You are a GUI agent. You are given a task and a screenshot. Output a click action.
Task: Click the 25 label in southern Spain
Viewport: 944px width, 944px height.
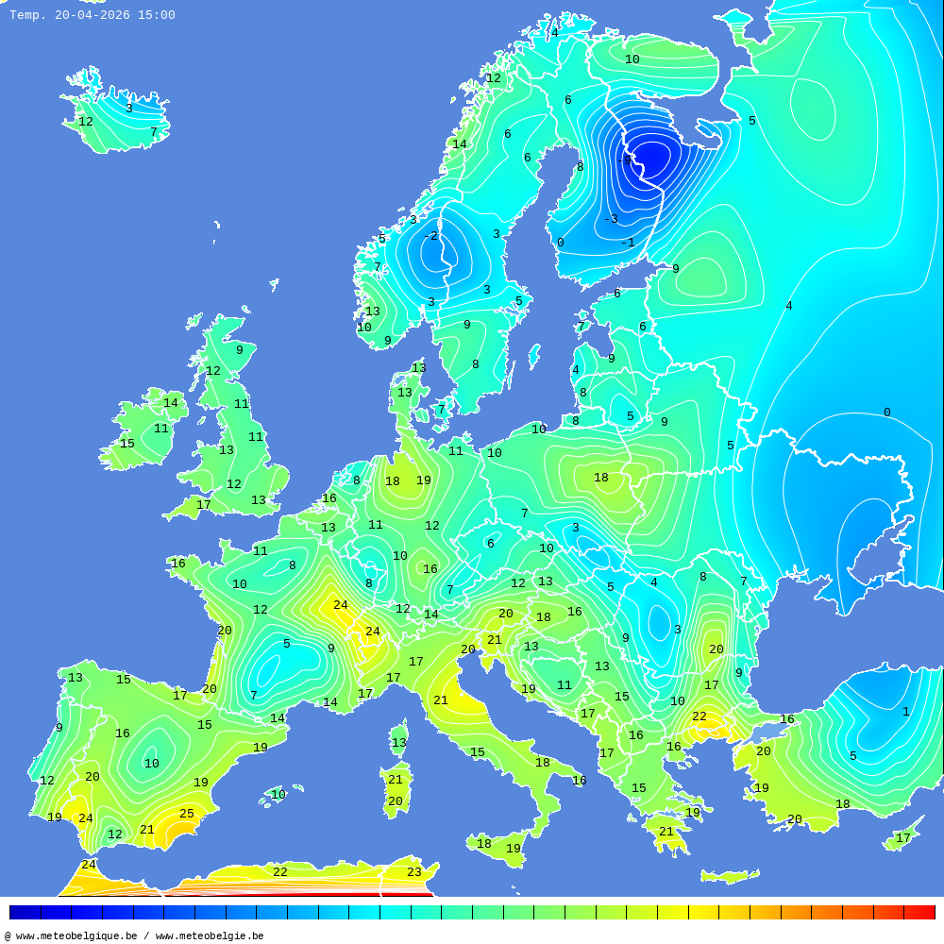(x=187, y=814)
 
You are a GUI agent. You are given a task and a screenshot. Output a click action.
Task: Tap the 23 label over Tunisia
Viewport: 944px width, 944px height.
(x=414, y=872)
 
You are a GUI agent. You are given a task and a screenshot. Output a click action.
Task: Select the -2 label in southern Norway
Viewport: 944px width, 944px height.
(x=430, y=236)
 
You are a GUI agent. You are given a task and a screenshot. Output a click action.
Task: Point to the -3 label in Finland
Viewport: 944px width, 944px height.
(x=611, y=219)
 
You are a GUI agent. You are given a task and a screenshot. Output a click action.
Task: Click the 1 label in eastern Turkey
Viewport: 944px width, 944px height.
(x=905, y=712)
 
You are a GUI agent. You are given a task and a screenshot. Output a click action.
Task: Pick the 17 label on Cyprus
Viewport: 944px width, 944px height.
(x=903, y=838)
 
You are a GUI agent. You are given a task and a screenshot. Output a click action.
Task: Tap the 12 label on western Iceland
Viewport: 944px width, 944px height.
(x=86, y=122)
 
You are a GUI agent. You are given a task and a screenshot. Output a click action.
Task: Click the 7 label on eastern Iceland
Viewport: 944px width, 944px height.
(x=154, y=132)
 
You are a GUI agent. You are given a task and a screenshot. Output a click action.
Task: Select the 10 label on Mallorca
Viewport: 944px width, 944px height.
(x=278, y=795)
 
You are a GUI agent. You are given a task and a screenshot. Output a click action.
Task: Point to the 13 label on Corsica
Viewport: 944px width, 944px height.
(x=399, y=743)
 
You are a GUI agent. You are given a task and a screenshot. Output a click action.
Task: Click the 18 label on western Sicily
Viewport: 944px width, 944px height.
(x=484, y=844)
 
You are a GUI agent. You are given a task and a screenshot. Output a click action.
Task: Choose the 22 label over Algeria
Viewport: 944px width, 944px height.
(x=280, y=872)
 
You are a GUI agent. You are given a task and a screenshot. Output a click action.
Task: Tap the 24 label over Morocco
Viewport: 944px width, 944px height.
(x=89, y=865)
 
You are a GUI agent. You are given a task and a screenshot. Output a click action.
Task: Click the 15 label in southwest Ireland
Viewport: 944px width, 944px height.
(x=127, y=444)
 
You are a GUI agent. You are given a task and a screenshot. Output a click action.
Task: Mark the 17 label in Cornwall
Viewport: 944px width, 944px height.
(x=204, y=505)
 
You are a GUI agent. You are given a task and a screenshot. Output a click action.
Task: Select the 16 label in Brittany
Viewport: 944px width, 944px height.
(x=178, y=564)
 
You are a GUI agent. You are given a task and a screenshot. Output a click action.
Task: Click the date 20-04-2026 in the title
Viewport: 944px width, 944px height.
(x=93, y=15)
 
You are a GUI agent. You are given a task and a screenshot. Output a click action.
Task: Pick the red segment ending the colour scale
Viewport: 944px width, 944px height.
(x=919, y=912)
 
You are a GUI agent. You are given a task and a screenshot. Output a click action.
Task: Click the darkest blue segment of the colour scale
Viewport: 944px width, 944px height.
(x=25, y=912)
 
